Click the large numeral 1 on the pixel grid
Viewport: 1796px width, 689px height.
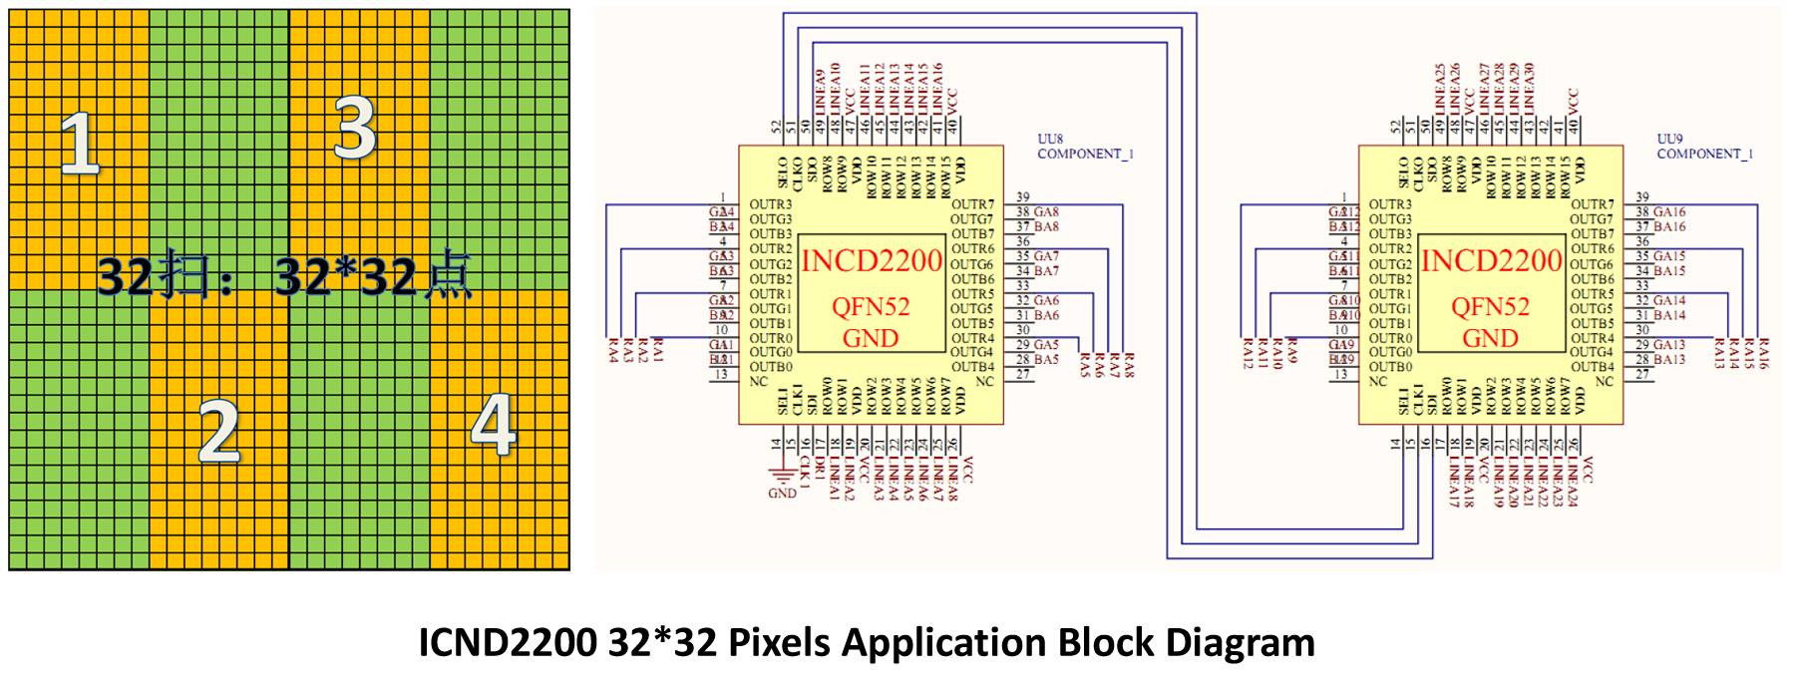coord(80,145)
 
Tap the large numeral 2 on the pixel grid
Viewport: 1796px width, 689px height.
coord(219,431)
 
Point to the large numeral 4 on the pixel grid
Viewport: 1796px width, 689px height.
coord(493,426)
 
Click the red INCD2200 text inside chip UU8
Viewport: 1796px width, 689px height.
coord(872,261)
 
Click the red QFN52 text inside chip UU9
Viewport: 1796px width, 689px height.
coord(1491,307)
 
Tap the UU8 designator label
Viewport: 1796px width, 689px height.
coord(1051,140)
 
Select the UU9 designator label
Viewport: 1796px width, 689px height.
coord(1670,140)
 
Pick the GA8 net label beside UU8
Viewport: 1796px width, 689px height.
coord(1046,212)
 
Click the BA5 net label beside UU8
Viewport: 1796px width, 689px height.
coord(1046,360)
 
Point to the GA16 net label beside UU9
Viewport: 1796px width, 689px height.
coord(1669,212)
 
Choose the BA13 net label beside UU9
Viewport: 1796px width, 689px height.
coord(1669,360)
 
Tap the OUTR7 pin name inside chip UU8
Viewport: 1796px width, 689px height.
coord(972,205)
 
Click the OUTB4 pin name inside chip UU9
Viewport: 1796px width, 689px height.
coord(1592,368)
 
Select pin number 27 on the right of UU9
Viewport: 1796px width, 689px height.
coord(1642,375)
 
